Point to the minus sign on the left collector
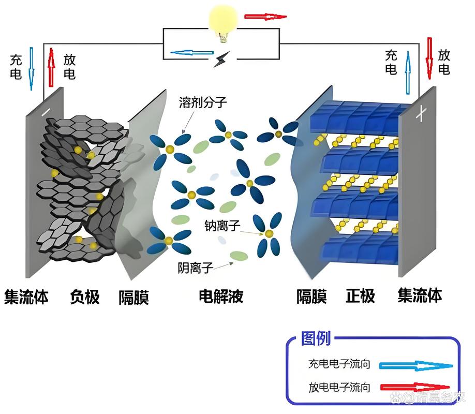46,112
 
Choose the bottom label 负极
84,297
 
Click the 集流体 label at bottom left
26,298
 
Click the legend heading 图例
315,339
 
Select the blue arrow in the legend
415,365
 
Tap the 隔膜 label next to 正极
311,297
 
